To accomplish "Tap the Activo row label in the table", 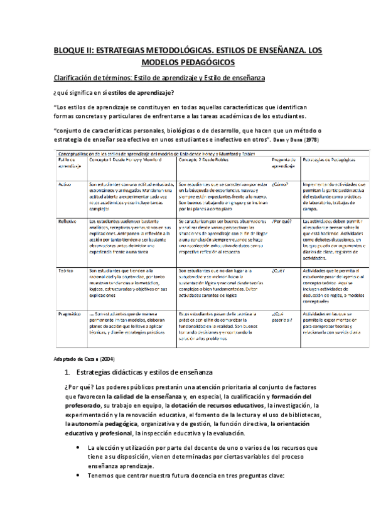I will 64,184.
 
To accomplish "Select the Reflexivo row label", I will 67,221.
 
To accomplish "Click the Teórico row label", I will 65,270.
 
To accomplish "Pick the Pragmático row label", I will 69,313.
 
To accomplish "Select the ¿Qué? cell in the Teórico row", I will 279,270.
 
